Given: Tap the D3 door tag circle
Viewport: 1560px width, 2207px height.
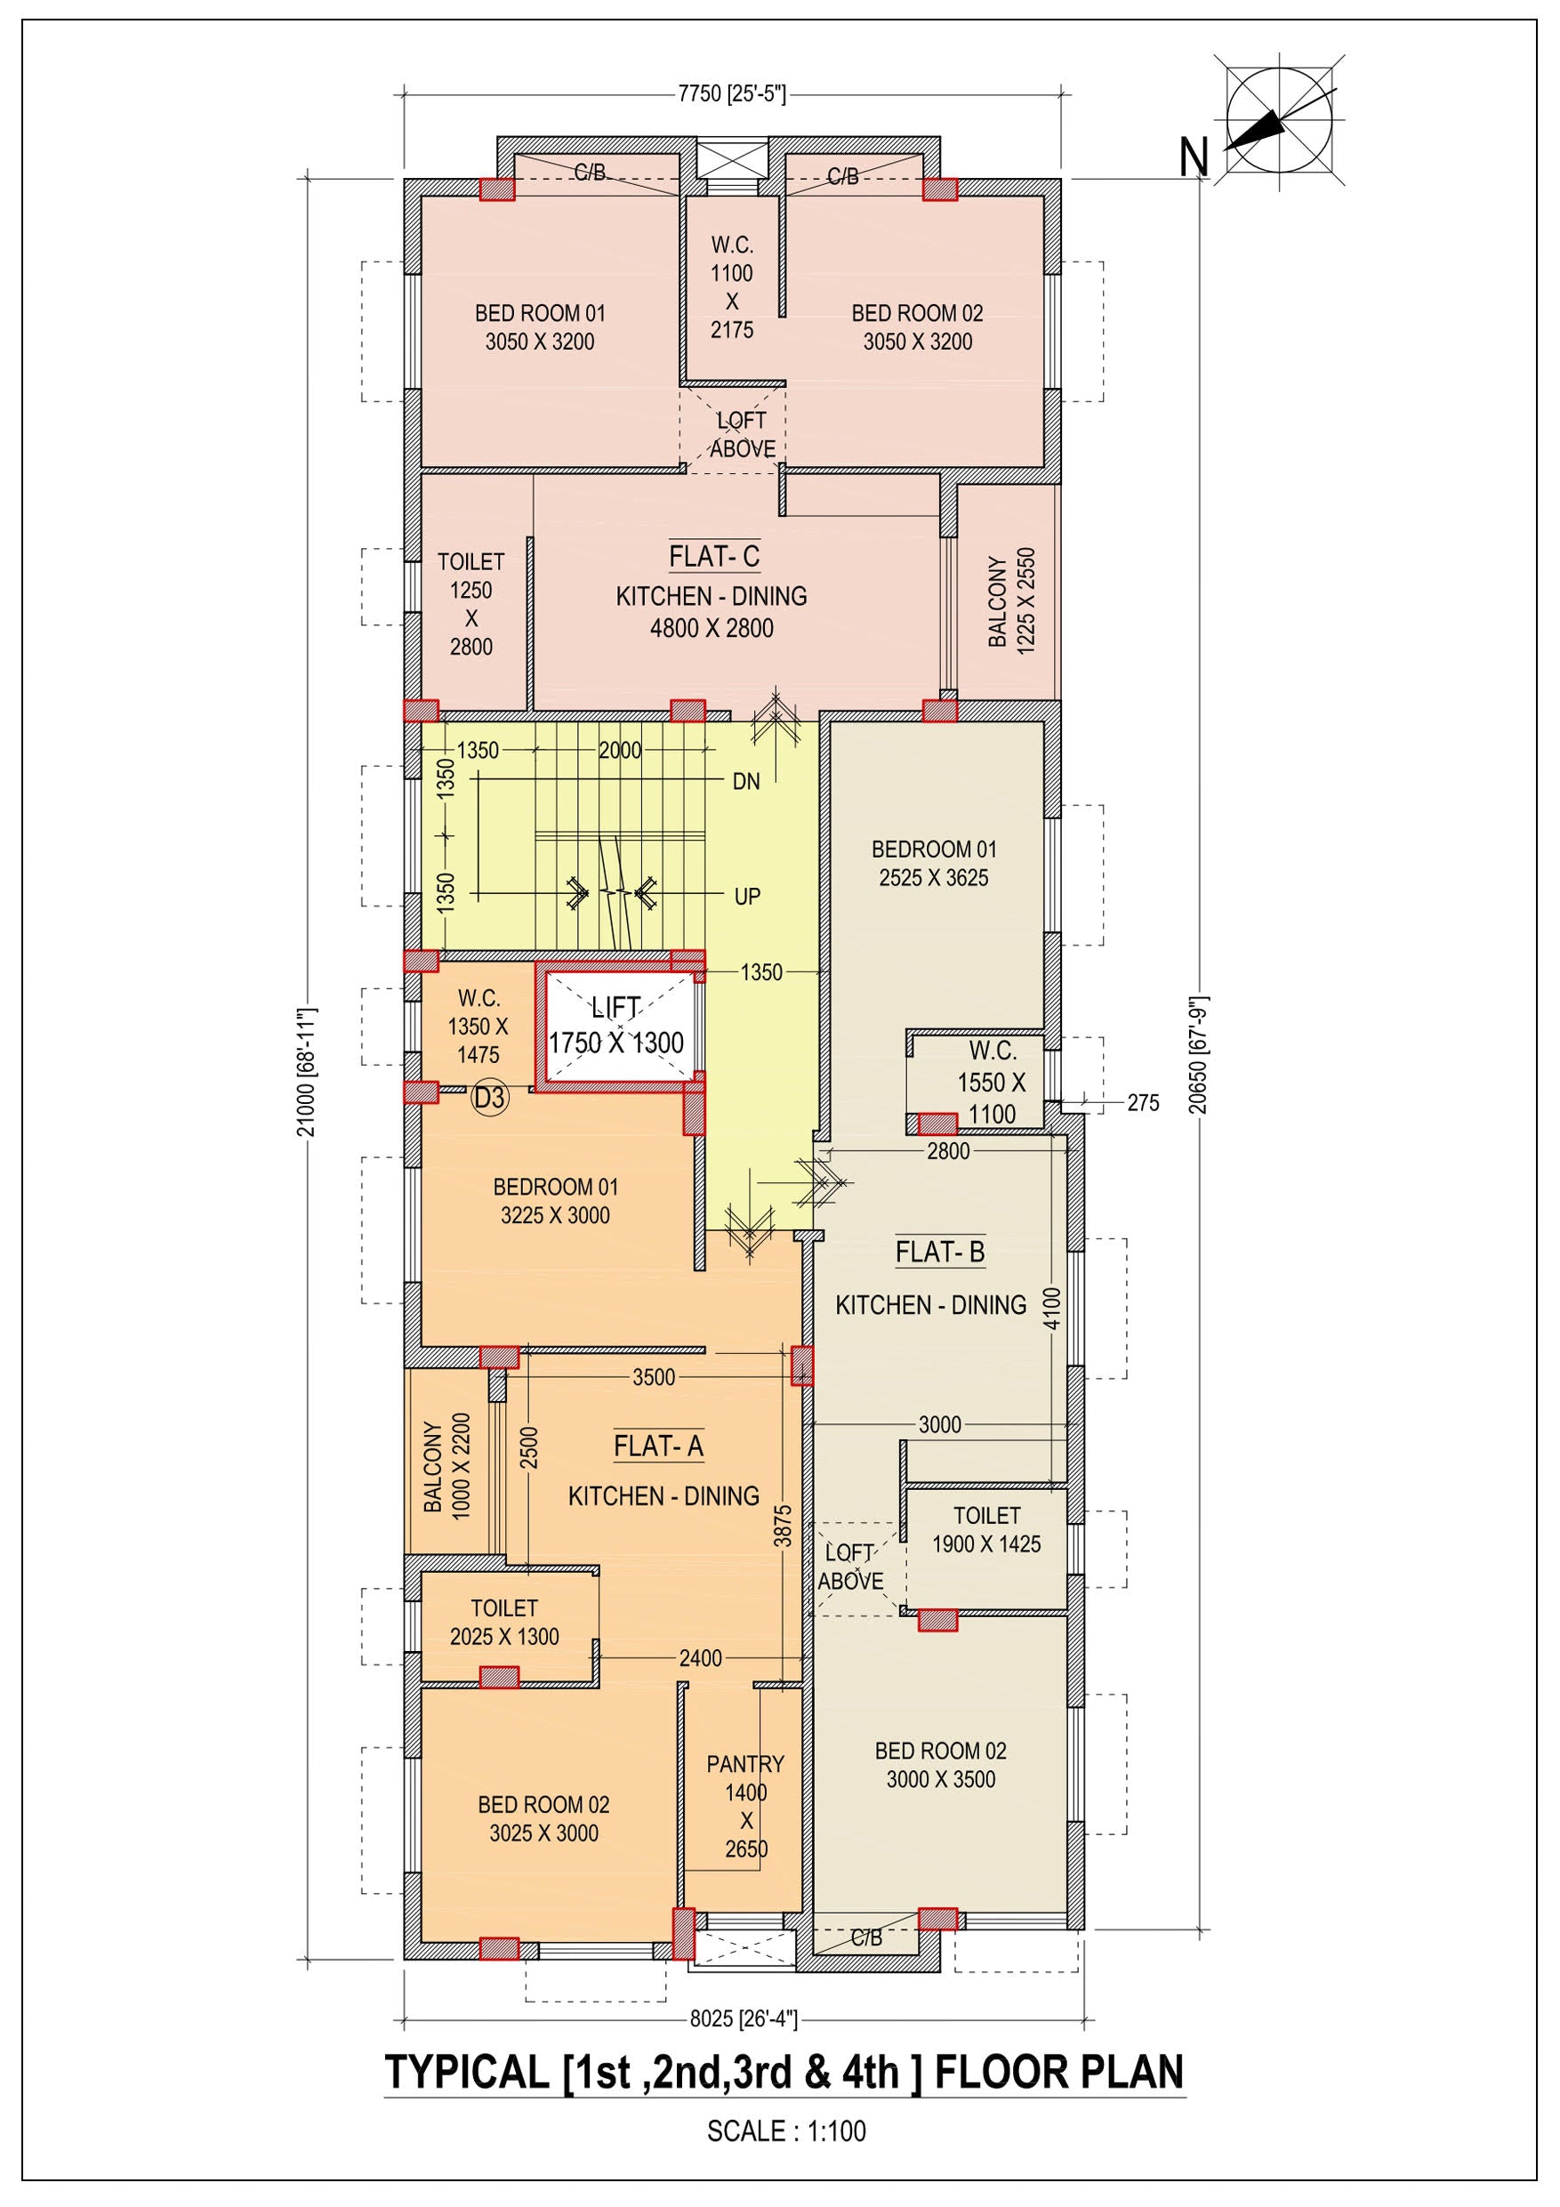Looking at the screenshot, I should [x=489, y=1098].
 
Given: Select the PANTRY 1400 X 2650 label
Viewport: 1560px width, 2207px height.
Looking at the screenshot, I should [x=745, y=1806].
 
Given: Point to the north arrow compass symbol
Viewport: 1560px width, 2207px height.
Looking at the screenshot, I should [x=1278, y=121].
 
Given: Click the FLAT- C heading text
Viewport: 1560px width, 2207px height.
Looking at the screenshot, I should [x=714, y=557].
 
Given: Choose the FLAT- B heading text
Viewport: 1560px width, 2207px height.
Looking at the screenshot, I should [x=939, y=1253].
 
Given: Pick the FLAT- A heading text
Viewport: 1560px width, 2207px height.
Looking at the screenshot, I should [x=658, y=1446].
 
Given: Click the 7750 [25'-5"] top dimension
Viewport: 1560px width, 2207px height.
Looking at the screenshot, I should [x=731, y=93].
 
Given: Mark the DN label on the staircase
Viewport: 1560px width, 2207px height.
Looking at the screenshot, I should [x=746, y=782].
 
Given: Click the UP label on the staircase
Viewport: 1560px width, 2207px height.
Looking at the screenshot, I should [x=747, y=897].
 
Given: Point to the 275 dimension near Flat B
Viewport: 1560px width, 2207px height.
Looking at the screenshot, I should [x=1143, y=1102].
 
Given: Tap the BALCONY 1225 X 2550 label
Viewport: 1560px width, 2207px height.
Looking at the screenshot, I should [x=1011, y=601].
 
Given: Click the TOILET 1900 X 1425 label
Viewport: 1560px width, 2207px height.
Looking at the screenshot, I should [x=986, y=1529].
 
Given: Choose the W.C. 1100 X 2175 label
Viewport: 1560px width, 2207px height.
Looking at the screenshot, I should [x=731, y=287].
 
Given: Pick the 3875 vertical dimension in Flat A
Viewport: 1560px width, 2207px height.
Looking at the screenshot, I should [x=784, y=1526].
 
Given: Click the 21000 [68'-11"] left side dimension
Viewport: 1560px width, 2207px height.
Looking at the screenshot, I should [x=306, y=1072].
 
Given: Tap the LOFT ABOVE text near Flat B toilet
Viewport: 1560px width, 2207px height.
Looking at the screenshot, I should [x=850, y=1567].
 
